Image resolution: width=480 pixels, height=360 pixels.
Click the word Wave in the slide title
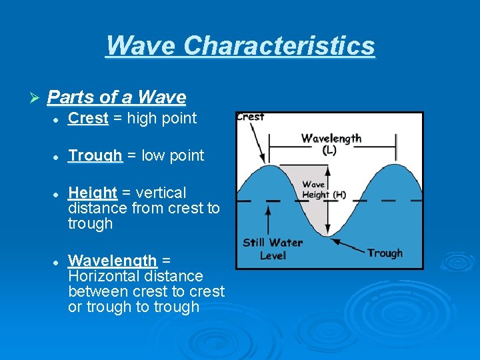[141, 46]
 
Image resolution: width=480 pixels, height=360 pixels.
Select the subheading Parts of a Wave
[117, 97]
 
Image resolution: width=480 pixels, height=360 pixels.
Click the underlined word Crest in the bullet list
[88, 119]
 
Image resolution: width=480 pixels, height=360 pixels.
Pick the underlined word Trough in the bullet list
[95, 155]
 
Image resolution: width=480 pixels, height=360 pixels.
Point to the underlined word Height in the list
[93, 193]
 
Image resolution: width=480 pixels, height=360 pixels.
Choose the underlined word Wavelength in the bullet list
[113, 260]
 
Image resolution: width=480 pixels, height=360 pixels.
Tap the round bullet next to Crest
[58, 119]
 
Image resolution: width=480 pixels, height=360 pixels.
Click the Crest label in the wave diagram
[251, 117]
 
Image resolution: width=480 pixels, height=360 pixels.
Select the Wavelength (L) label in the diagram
[331, 143]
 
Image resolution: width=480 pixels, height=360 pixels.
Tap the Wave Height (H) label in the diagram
[323, 189]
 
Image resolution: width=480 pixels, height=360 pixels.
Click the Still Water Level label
[272, 249]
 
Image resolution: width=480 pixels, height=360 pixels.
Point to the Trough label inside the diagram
[385, 253]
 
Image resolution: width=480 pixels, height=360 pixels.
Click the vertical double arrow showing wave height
[327, 199]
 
